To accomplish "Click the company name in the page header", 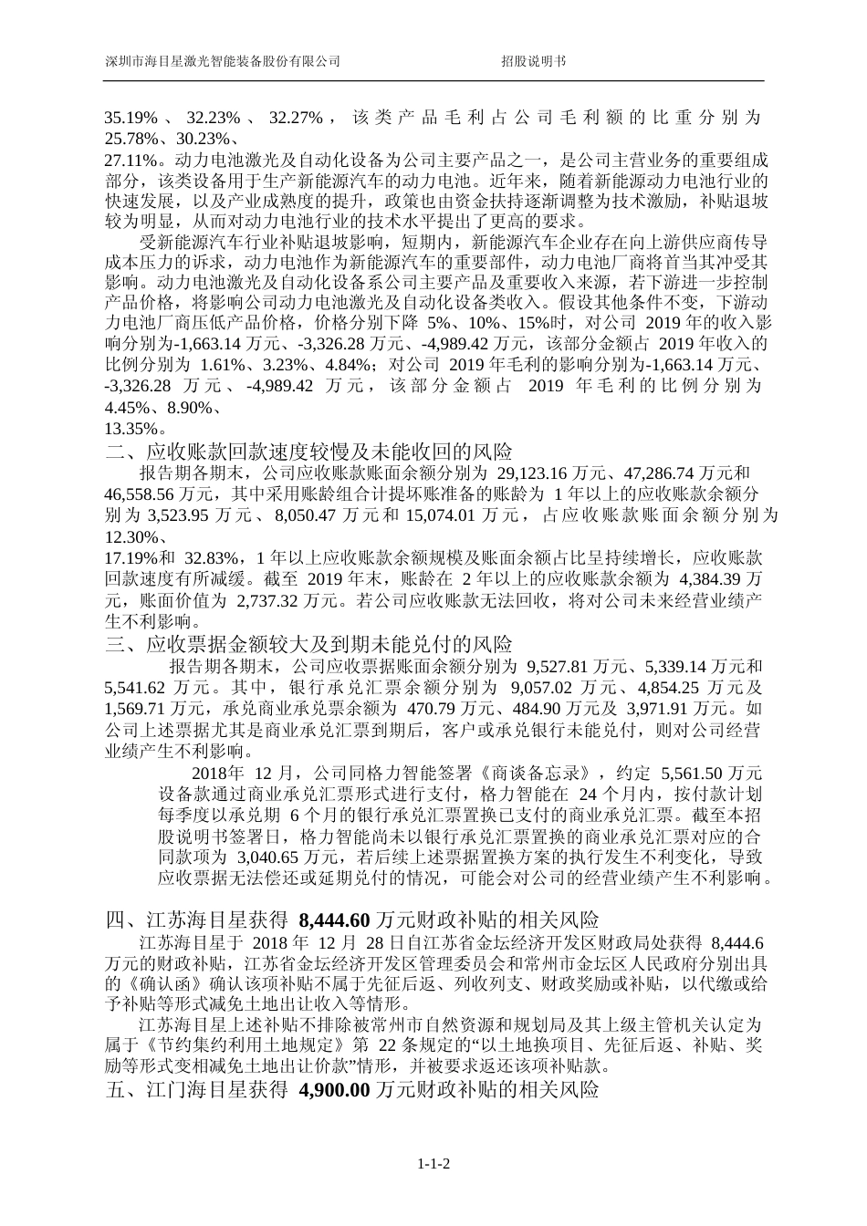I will coord(224,61).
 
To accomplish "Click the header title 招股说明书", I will coord(533,61).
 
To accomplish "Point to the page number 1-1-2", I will coord(435,1164).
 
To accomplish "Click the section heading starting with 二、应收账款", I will coord(309,451).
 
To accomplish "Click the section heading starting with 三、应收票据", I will coord(309,644).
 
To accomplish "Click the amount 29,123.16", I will coord(531,473).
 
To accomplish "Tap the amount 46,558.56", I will coord(140,494).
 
